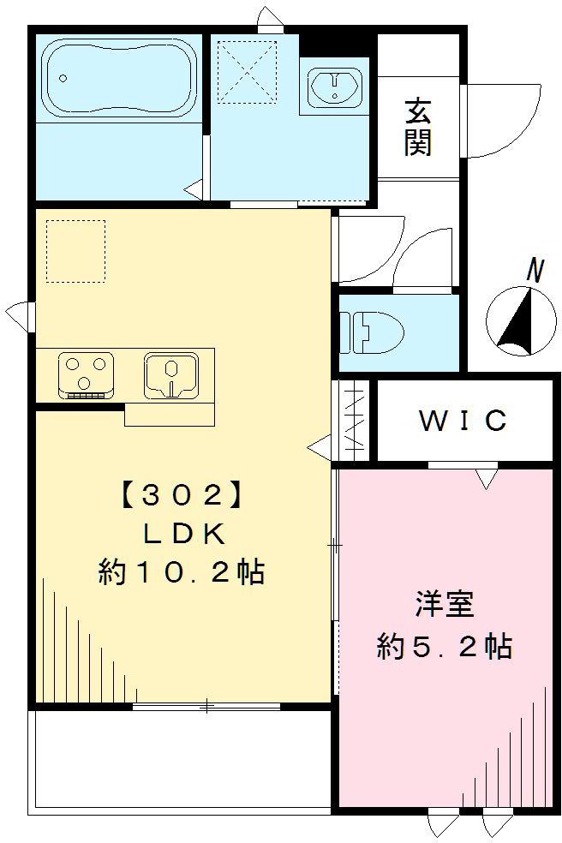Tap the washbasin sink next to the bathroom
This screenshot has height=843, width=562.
334,87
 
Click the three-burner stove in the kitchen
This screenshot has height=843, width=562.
86,374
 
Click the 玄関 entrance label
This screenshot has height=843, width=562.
417,127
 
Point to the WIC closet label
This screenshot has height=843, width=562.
463,421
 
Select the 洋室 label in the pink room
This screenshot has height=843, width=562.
445,605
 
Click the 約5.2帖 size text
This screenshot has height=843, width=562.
445,646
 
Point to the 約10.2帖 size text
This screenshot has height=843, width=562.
181,571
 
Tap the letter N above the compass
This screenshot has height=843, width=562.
535,271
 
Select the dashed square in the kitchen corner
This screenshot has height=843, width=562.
75,250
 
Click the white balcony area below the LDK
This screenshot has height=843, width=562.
180,758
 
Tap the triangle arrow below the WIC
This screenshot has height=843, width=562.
486,479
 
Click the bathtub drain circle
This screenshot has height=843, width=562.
63,78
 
